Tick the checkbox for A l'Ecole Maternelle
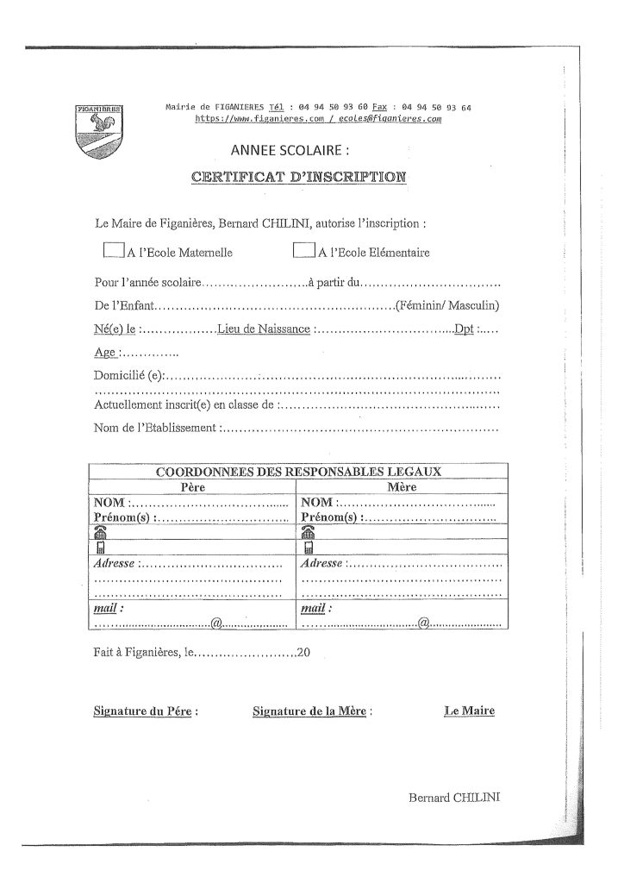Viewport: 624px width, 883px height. point(113,251)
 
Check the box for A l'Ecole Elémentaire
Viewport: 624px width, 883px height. point(303,251)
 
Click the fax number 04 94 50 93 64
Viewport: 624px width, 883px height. point(437,107)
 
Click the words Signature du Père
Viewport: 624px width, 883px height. point(145,712)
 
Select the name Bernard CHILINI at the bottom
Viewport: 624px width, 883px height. point(454,798)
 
